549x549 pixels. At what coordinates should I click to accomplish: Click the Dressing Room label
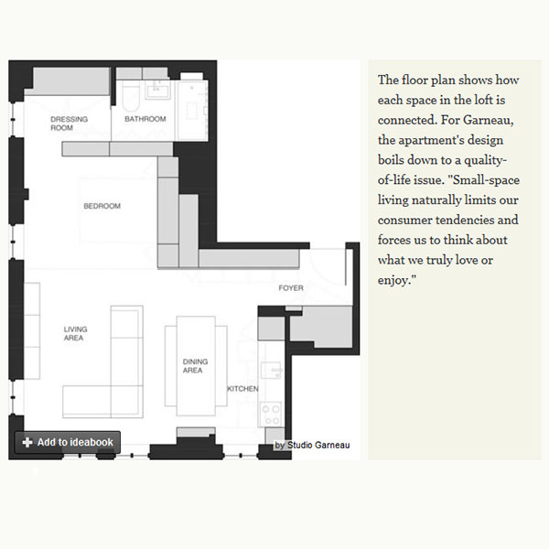(x=69, y=124)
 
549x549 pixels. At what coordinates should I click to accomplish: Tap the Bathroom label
(x=145, y=119)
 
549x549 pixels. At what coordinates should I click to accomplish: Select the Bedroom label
(x=102, y=206)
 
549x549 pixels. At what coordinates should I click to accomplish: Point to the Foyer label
(x=291, y=288)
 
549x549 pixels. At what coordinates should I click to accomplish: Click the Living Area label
(x=75, y=333)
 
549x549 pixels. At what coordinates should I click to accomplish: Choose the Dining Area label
(x=195, y=366)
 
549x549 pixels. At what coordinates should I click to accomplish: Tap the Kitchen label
(x=242, y=389)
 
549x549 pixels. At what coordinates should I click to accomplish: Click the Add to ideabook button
(x=68, y=442)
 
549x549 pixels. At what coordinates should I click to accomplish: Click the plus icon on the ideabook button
(x=27, y=443)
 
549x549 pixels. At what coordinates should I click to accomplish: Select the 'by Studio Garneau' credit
(x=312, y=445)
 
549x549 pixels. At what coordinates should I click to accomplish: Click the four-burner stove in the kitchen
(x=271, y=414)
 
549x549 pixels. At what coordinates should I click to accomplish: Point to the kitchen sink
(x=272, y=370)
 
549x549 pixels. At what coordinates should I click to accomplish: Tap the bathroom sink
(x=157, y=91)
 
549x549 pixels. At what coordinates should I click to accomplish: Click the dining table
(x=196, y=366)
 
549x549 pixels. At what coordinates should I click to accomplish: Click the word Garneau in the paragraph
(x=489, y=120)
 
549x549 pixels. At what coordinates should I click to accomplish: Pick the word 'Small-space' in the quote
(x=486, y=180)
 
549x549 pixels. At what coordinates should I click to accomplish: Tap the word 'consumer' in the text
(x=404, y=221)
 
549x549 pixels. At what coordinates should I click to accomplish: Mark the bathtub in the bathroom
(x=131, y=96)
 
